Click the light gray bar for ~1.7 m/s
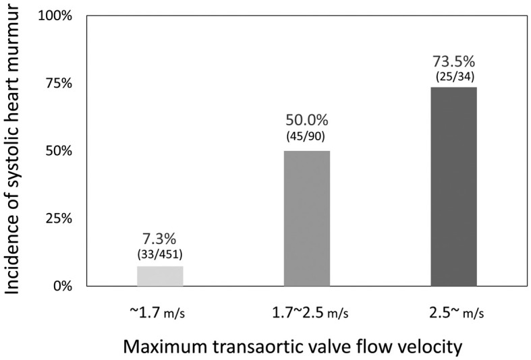(160, 276)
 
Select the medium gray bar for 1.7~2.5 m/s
(307, 218)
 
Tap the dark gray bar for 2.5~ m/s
(454, 187)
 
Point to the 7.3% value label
(159, 239)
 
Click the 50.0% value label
(307, 120)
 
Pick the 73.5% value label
(454, 61)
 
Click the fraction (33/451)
(160, 254)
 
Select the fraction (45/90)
(306, 136)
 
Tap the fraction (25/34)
(455, 77)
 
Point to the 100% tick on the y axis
(55, 16)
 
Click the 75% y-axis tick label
(59, 83)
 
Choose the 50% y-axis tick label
(59, 151)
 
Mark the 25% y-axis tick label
(59, 218)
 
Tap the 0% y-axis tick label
(62, 287)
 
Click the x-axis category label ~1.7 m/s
(157, 313)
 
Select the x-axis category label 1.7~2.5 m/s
(310, 313)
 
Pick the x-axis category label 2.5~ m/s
(457, 313)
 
